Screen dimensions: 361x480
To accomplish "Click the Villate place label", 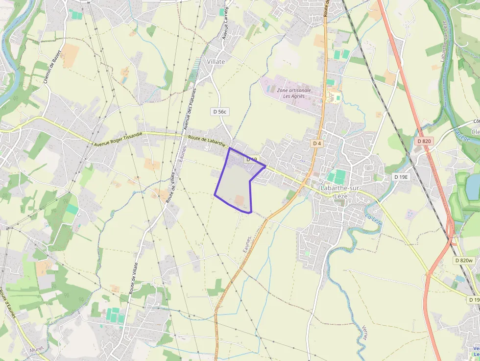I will click(x=216, y=62).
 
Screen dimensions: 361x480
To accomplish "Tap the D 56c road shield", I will click(x=220, y=112).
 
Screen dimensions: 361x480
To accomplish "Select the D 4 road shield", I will click(x=317, y=143).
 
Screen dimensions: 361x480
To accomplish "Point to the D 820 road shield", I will click(x=424, y=141).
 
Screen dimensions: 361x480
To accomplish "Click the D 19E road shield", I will click(x=401, y=176).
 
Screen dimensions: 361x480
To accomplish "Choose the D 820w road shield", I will click(x=463, y=261).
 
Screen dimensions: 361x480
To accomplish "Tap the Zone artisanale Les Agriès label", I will click(x=294, y=93).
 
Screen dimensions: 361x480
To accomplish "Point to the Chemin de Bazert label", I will click(x=53, y=66).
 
